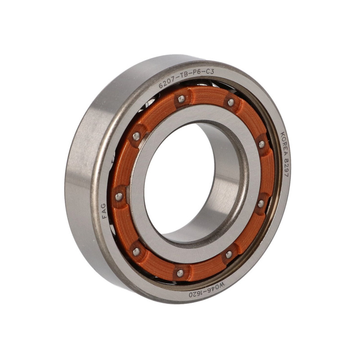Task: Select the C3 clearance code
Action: (x=210, y=72)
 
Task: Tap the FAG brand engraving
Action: (x=104, y=211)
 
